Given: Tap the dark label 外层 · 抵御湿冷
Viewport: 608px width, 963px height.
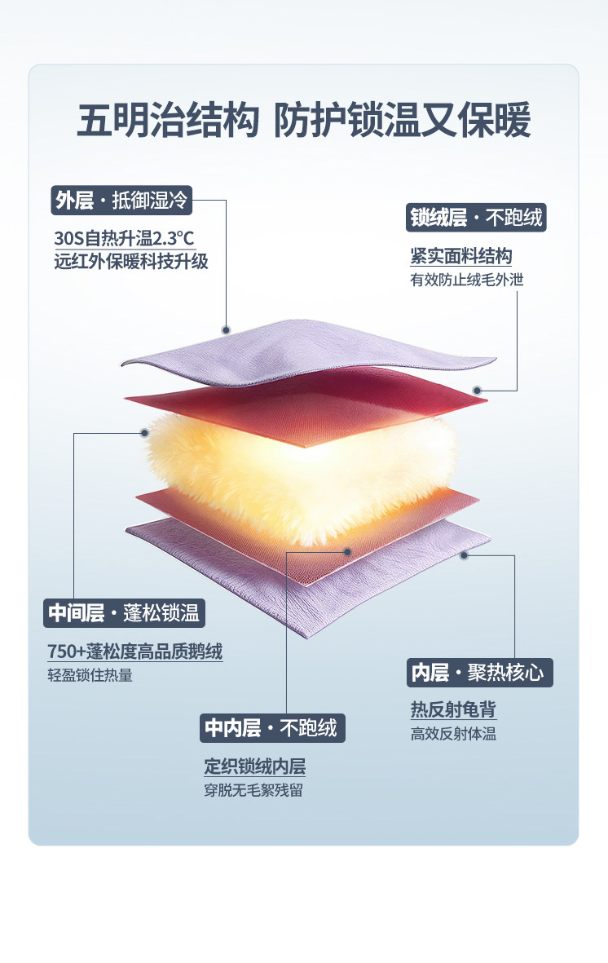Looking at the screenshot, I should (121, 200).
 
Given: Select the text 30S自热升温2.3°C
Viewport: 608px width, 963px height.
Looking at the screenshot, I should (125, 239).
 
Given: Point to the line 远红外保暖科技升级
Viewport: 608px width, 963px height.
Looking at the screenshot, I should (130, 262).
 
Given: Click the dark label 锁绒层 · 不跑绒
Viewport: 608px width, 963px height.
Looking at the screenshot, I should (475, 218).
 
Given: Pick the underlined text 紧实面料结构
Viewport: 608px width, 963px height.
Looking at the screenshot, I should (461, 257).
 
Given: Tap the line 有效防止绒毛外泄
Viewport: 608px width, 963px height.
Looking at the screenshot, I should (466, 280).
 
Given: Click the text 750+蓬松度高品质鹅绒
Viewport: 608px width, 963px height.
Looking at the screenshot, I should (135, 652).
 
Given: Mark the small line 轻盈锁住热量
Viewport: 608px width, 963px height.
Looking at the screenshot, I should (90, 675).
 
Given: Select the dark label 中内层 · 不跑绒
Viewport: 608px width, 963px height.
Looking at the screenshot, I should (272, 727).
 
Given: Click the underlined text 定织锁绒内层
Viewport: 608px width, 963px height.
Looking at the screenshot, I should (255, 766).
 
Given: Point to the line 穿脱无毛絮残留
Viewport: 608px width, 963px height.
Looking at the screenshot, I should (253, 790).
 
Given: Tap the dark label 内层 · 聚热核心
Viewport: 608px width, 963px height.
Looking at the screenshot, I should (479, 673).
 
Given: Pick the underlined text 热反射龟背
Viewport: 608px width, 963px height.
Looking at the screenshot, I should (453, 710).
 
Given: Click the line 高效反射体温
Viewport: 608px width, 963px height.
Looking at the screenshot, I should (453, 734).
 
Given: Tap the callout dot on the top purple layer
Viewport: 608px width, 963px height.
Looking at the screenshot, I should (227, 329).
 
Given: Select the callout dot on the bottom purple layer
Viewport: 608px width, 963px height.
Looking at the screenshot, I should (465, 555).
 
